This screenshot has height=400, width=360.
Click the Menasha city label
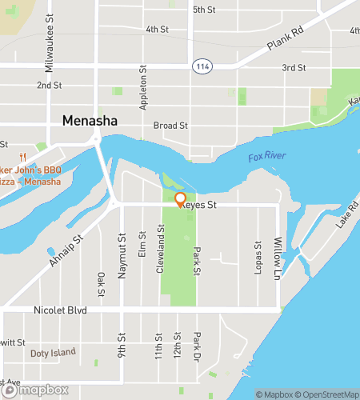click(x=90, y=121)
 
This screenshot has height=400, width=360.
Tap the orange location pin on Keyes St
click(x=180, y=199)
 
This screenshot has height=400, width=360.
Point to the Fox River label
click(x=266, y=157)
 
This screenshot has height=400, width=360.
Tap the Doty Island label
click(x=53, y=352)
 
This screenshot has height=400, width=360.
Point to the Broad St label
click(x=170, y=126)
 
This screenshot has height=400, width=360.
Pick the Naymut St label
click(x=122, y=261)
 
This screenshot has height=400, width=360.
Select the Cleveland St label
click(x=160, y=249)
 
